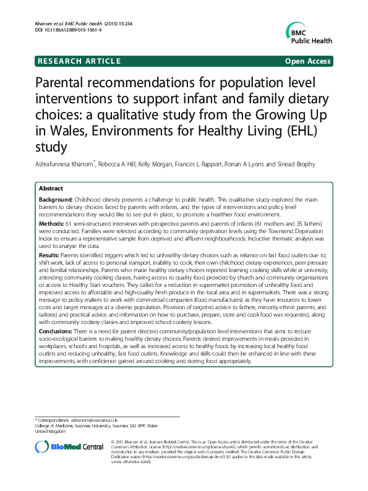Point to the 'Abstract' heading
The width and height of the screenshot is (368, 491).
(x=51, y=187)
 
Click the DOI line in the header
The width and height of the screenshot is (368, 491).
(x=68, y=30)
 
